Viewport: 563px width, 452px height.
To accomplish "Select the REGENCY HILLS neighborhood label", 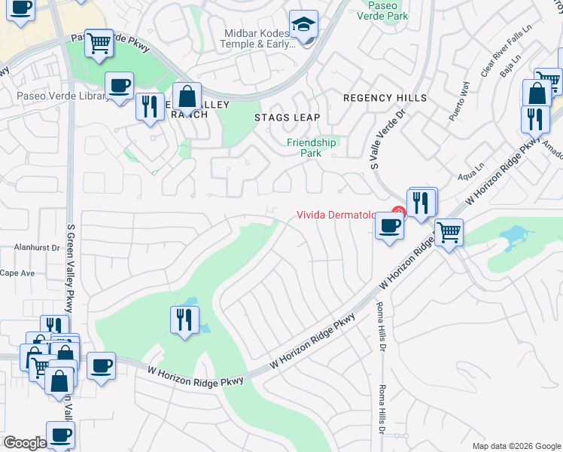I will tap(385, 98).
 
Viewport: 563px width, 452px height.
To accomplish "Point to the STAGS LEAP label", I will tap(287, 118).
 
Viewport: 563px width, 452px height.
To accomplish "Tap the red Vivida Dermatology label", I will tap(336, 215).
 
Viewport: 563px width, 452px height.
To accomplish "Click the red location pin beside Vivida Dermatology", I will tap(398, 214).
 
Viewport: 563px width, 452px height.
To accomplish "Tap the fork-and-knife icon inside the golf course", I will tap(182, 319).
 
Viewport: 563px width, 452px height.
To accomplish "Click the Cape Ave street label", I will tap(17, 273).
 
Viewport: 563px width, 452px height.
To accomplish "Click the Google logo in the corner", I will tap(25, 442).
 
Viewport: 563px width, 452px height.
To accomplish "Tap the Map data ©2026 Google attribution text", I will tap(516, 446).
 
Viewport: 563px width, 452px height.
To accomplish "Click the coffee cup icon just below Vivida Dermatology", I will tap(388, 226).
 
